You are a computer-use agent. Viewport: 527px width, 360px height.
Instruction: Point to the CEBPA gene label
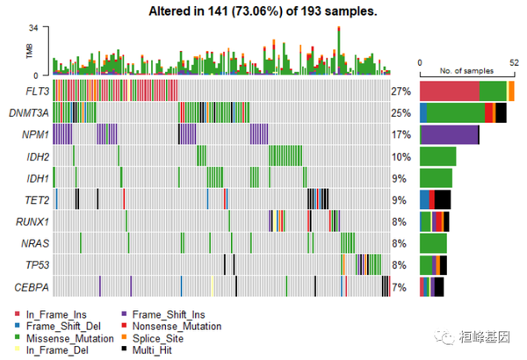(x=28, y=286)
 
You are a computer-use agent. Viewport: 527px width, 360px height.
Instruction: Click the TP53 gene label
(x=32, y=264)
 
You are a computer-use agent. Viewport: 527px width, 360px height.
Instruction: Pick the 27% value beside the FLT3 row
(x=401, y=90)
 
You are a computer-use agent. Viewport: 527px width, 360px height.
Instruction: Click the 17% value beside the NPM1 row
(x=401, y=134)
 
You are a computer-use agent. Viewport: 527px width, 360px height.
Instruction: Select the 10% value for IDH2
(x=401, y=156)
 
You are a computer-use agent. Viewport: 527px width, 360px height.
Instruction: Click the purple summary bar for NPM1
(x=449, y=134)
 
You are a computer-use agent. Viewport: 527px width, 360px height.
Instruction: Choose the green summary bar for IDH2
(x=437, y=156)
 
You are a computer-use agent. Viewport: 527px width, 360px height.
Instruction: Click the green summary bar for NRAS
(x=433, y=242)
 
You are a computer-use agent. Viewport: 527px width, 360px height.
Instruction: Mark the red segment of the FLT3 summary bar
(x=450, y=90)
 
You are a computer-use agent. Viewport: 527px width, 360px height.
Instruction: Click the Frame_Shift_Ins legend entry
(x=167, y=313)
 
